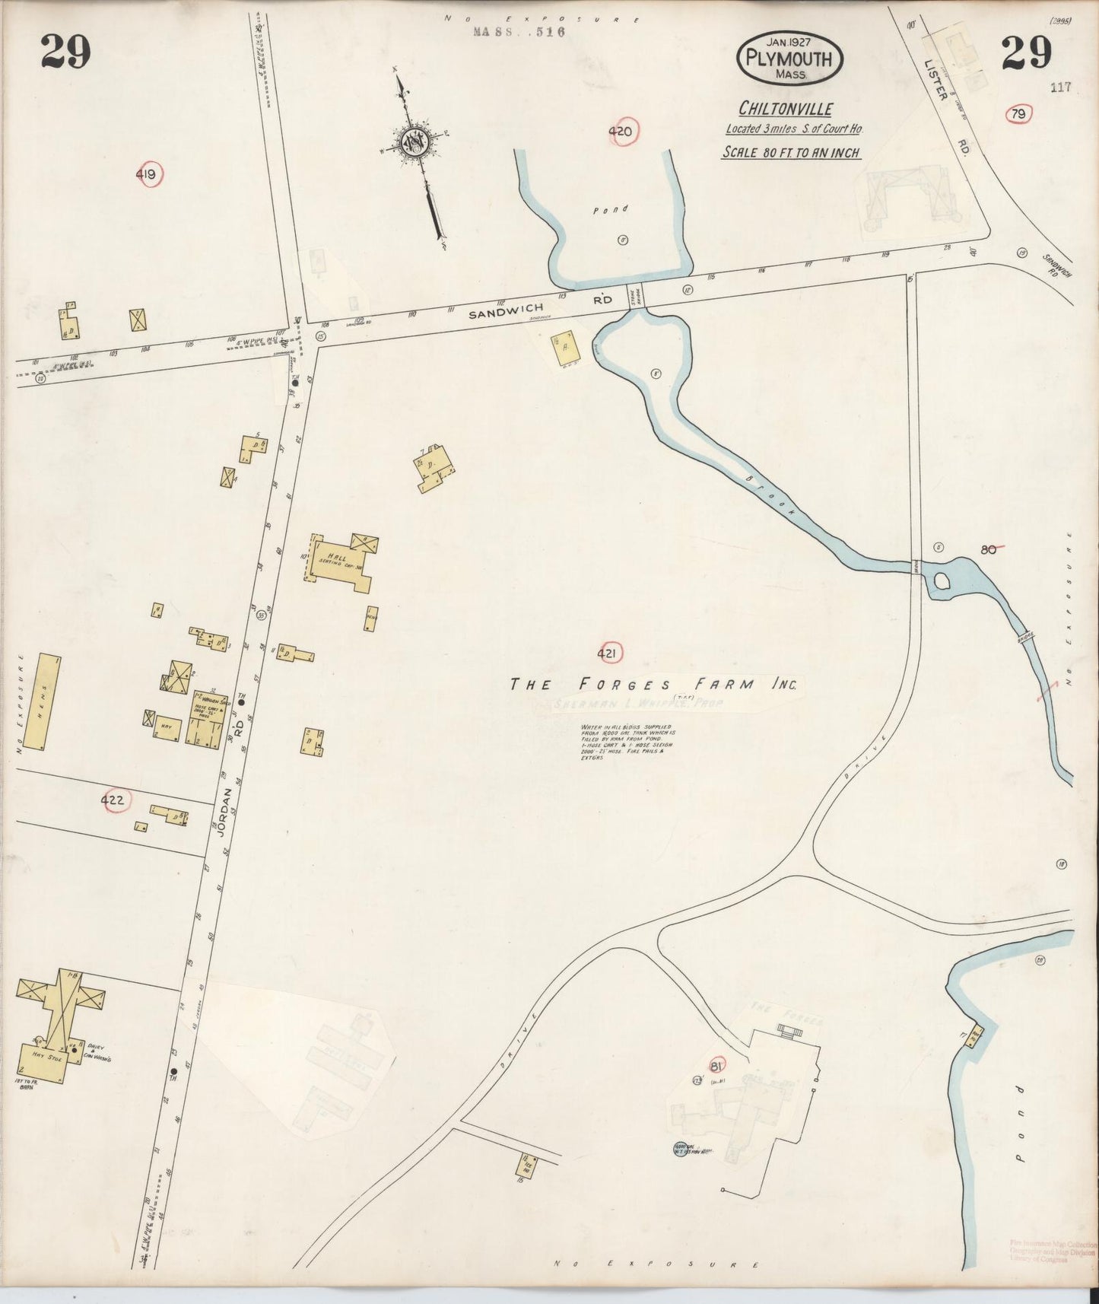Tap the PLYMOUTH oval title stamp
click(789, 58)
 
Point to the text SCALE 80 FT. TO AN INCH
click(790, 153)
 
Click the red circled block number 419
click(147, 176)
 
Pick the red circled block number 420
click(621, 132)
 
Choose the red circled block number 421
click(608, 653)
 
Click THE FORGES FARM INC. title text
click(653, 684)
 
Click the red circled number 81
click(715, 1067)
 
